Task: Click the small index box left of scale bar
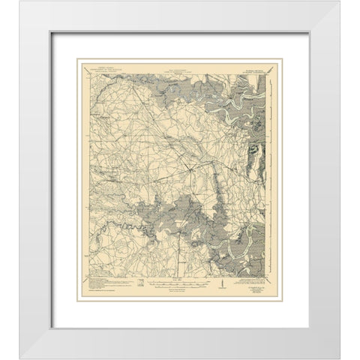click(142, 283)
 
